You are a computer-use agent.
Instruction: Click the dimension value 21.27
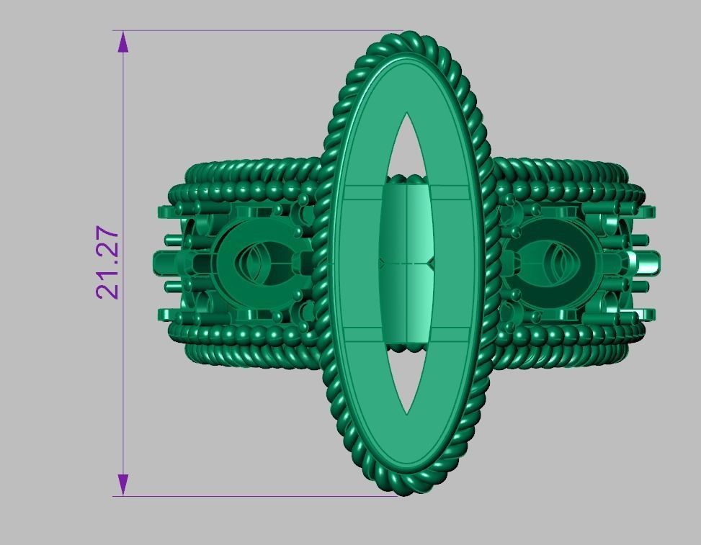pyautogui.click(x=107, y=263)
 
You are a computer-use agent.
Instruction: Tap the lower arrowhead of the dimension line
pyautogui.click(x=123, y=485)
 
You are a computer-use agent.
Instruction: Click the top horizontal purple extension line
pyautogui.click(x=252, y=31)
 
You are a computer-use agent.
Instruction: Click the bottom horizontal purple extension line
pyautogui.click(x=252, y=496)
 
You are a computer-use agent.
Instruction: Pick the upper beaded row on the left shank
pyautogui.click(x=245, y=193)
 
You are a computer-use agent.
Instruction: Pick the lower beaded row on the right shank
pyautogui.click(x=569, y=333)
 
